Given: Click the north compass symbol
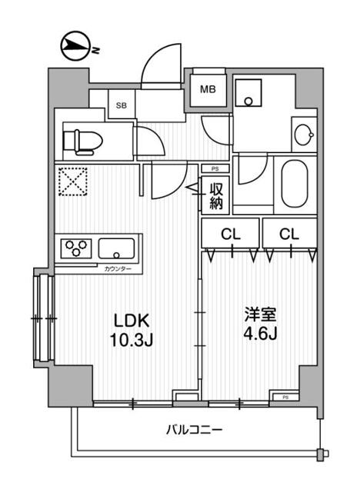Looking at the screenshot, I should (x=75, y=47).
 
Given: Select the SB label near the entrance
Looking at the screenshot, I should (x=121, y=105).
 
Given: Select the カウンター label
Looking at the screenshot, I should (x=118, y=268).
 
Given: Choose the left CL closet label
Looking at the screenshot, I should (x=228, y=233).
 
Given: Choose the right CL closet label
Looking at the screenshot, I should (x=288, y=233).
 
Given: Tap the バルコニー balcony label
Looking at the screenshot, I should (x=195, y=429).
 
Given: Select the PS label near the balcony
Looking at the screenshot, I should (x=285, y=397).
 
